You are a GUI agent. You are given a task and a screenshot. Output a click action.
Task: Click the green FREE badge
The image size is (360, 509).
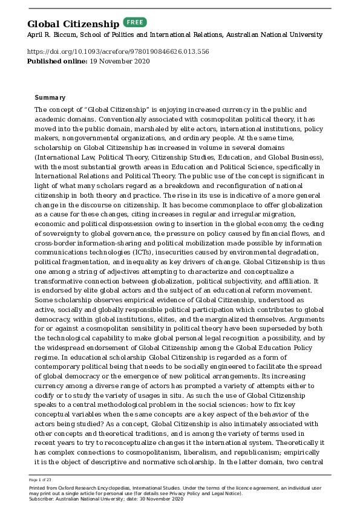pyautogui.click(x=135, y=22)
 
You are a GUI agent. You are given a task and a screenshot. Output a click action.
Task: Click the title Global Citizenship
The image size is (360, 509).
pyautogui.click(x=73, y=24)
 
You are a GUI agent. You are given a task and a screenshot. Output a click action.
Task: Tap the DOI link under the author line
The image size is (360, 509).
pyautogui.click(x=118, y=52)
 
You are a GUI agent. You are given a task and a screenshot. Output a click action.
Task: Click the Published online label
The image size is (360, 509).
pyautogui.click(x=56, y=62)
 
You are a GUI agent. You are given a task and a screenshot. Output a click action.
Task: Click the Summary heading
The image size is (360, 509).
pyautogui.click(x=50, y=98)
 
